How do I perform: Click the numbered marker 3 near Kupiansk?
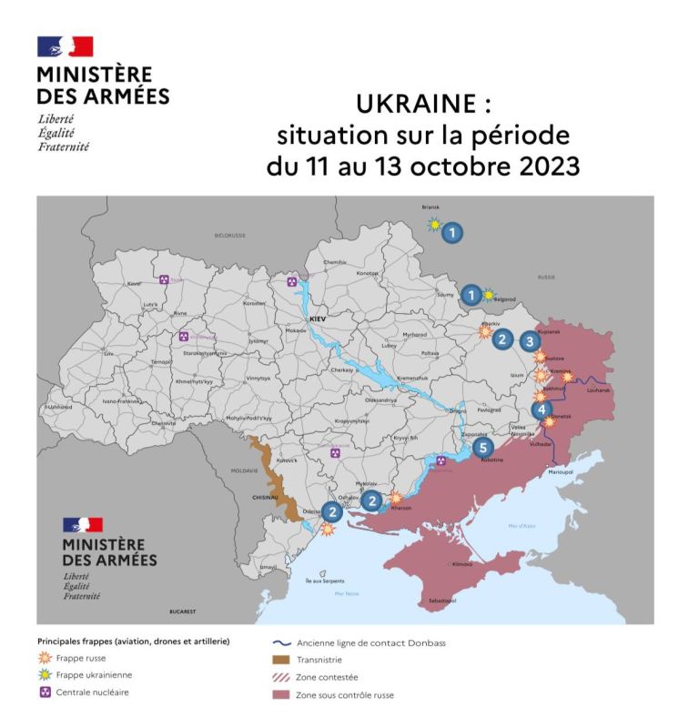pyautogui.click(x=530, y=341)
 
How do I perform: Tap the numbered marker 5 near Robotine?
pyautogui.click(x=482, y=447)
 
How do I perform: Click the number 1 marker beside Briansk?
pyautogui.click(x=452, y=233)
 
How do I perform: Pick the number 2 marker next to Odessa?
pyautogui.click(x=333, y=512)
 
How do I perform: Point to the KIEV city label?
pyautogui.click(x=318, y=320)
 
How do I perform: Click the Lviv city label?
pyautogui.click(x=108, y=352)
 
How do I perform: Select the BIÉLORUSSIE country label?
pyautogui.click(x=230, y=235)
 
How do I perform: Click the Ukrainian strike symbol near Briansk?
pyautogui.click(x=434, y=224)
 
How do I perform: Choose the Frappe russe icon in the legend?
pyautogui.click(x=45, y=659)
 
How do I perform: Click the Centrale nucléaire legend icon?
pyautogui.click(x=45, y=692)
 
